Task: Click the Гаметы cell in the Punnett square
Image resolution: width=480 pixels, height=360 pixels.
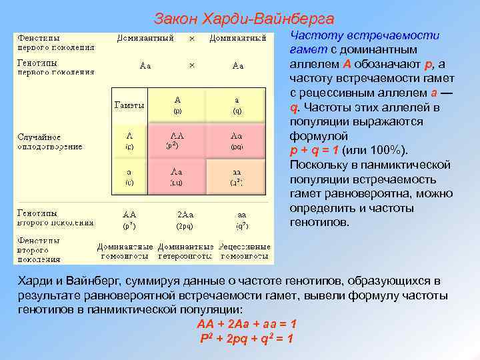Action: pyautogui.click(x=129, y=105)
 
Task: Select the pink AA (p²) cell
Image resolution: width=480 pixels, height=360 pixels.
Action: pyautogui.click(x=177, y=139)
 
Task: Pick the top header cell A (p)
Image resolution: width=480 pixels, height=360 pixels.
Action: pyautogui.click(x=177, y=104)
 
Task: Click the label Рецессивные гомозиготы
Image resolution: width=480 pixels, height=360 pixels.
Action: pyautogui.click(x=244, y=251)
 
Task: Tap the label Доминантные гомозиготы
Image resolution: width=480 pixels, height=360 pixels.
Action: pyautogui.click(x=126, y=251)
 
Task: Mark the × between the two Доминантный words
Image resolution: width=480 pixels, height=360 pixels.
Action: pyautogui.click(x=192, y=39)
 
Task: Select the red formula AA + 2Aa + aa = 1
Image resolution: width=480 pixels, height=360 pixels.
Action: pyautogui.click(x=247, y=324)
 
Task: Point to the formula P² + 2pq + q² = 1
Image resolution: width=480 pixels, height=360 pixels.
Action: pyautogui.click(x=247, y=339)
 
